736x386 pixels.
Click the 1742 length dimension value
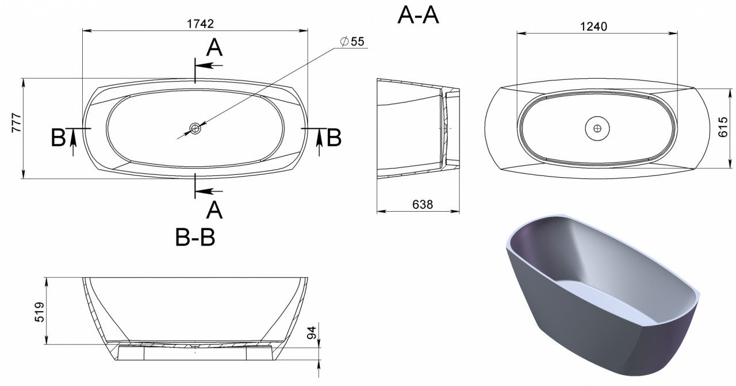click(x=200, y=24)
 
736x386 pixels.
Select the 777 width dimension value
click(x=17, y=123)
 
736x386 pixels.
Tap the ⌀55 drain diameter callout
click(x=352, y=41)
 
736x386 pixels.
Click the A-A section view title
click(x=418, y=15)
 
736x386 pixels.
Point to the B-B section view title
click(x=195, y=237)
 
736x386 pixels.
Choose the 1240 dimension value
click(x=593, y=26)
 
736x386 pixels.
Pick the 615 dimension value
click(x=723, y=127)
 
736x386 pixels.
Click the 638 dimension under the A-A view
click(x=423, y=205)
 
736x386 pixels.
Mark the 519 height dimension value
click(x=40, y=312)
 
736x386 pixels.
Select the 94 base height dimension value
click(x=311, y=333)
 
